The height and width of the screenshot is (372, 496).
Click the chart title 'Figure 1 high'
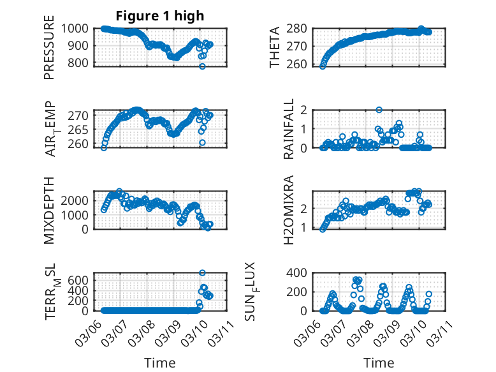[160, 16]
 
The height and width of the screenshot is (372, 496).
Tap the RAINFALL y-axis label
[289, 129]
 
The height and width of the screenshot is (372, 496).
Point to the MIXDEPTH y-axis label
[49, 210]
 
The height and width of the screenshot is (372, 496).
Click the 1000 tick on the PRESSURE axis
[79, 28]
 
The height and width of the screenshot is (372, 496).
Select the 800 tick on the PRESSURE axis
[82, 63]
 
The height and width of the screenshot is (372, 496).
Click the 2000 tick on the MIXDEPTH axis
[79, 200]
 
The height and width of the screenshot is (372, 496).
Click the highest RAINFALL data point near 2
[379, 110]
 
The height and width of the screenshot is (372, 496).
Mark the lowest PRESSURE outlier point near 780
[203, 66]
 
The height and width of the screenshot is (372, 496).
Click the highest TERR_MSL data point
[203, 273]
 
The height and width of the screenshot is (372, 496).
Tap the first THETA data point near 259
[323, 66]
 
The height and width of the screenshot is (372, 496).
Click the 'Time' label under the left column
[160, 362]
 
